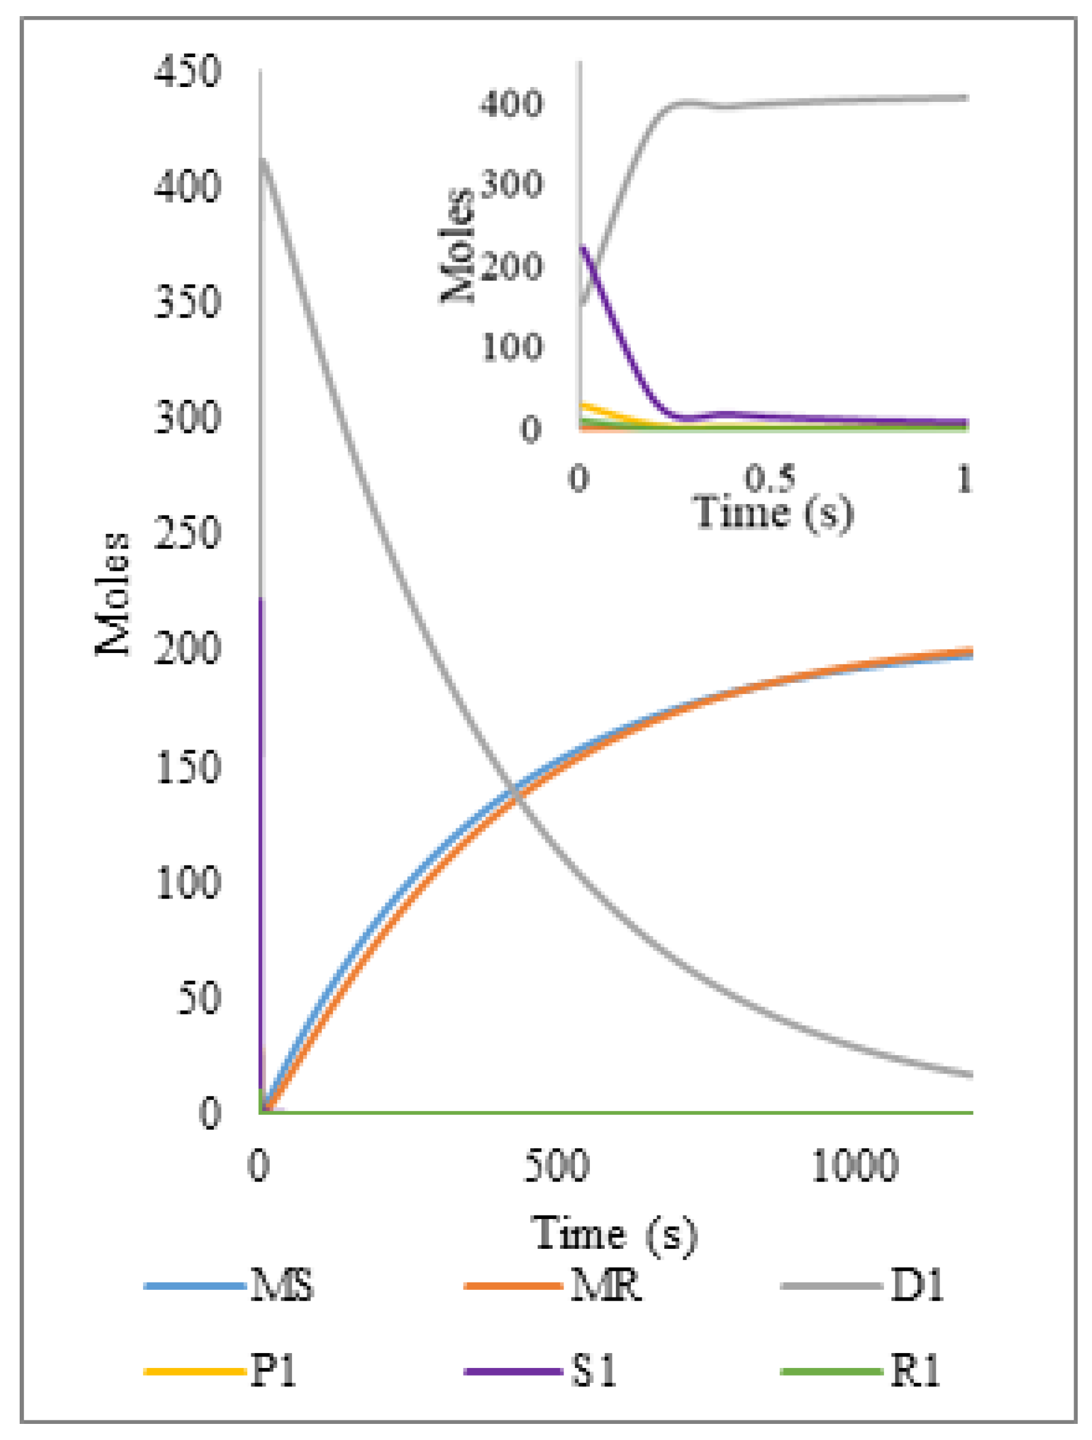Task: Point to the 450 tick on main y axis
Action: click(188, 71)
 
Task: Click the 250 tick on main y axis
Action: click(188, 534)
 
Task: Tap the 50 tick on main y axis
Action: click(198, 998)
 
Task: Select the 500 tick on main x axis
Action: click(556, 1165)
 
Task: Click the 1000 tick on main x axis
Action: click(854, 1165)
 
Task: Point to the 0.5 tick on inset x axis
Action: click(770, 478)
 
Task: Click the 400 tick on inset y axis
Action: click(512, 103)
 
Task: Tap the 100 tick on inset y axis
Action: click(512, 346)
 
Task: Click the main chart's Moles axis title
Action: click(113, 594)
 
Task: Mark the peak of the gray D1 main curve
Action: click(263, 159)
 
